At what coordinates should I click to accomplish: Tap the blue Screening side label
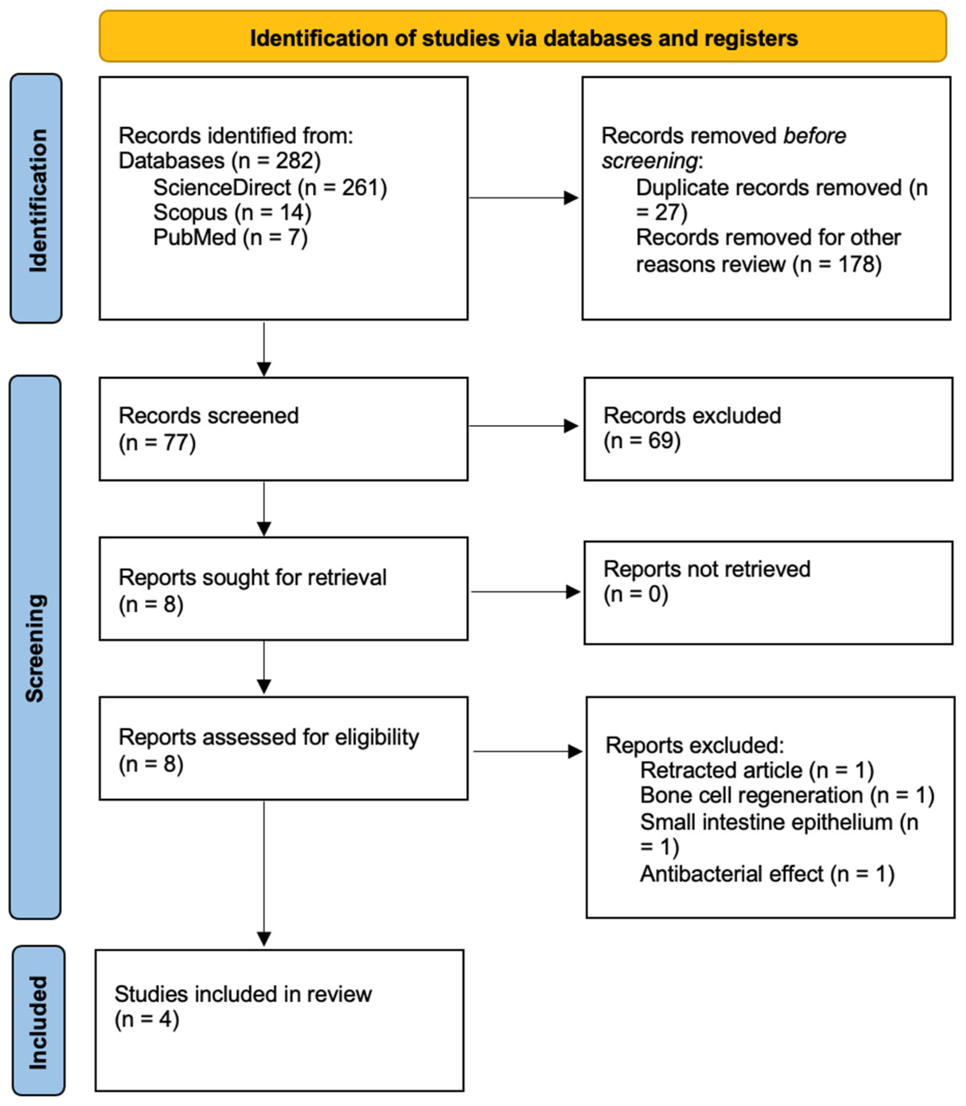(x=36, y=647)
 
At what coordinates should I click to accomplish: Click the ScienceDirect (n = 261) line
(x=269, y=187)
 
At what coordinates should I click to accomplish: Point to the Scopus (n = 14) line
(x=232, y=212)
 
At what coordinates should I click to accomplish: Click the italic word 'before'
(x=814, y=136)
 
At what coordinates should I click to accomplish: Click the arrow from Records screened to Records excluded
(x=523, y=426)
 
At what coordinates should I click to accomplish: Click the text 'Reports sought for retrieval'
(x=252, y=577)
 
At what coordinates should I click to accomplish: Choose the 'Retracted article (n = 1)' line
(x=756, y=770)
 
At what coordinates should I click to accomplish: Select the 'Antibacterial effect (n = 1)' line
(x=767, y=874)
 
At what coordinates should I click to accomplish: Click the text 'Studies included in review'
(x=243, y=994)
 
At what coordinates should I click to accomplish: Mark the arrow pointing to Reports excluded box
(x=527, y=752)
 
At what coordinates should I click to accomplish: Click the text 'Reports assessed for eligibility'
(x=269, y=737)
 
